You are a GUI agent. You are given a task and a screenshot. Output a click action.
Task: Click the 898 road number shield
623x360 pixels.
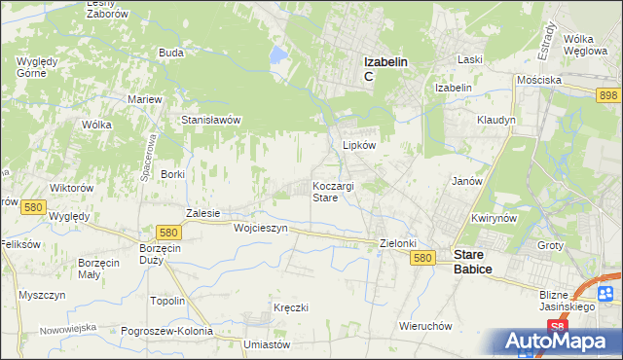tap(609, 94)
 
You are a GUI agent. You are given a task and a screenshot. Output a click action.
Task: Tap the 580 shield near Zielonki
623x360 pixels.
tap(421, 258)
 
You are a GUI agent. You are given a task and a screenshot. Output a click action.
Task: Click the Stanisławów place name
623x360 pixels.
tap(211, 120)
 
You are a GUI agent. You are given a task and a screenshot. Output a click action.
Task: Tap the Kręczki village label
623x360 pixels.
tap(290, 307)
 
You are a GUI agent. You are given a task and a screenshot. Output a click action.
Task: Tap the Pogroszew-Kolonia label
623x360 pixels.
tap(167, 331)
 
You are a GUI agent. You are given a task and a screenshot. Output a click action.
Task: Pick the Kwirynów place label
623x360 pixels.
tap(493, 219)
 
